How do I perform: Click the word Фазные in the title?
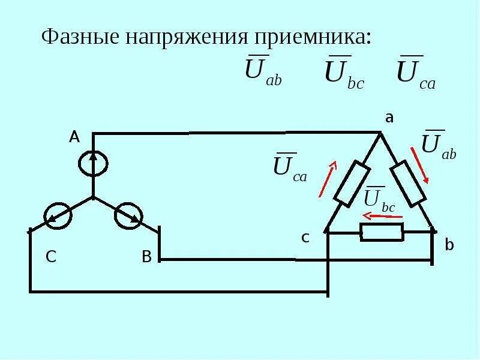[81, 37]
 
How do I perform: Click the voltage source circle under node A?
[94, 164]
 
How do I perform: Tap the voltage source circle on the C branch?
[58, 215]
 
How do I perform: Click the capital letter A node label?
[74, 137]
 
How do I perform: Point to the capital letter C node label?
[51, 257]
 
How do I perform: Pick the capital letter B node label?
[146, 257]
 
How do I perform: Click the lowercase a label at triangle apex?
[389, 118]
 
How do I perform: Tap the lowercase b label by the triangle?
[450, 245]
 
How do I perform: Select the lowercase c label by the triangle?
[305, 238]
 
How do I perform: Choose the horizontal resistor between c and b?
[382, 232]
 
